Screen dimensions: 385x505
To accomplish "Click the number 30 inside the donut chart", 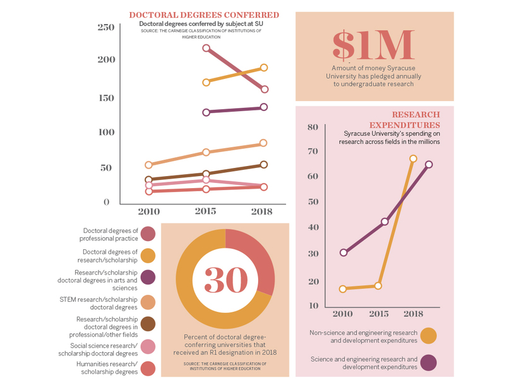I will coord(225,278).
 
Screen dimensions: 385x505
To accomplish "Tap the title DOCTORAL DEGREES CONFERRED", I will coord(204,15).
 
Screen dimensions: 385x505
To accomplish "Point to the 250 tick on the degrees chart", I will coord(106,27).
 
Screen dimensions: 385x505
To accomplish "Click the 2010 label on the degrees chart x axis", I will coord(149,211).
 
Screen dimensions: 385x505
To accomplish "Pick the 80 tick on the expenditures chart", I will coord(312,127).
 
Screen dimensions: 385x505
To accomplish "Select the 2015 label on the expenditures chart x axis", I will coord(378,314).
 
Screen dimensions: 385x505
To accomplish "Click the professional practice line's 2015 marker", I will coord(206,48).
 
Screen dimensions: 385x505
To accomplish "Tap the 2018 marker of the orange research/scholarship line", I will coord(264,68).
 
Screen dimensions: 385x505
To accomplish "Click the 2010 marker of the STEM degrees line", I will coord(149,165).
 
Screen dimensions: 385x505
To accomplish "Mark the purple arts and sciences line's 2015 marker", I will coord(206,112).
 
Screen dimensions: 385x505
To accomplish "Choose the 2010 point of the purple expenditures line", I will coord(343,252).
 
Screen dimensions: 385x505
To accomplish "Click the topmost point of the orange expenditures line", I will coord(413,159).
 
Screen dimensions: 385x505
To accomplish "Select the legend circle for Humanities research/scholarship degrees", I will coord(148,368).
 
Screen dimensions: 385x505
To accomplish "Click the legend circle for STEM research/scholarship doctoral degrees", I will coord(148,302).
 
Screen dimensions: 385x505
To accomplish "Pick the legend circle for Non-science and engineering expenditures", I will coord(429,336).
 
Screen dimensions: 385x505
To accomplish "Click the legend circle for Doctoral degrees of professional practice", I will coord(148,234).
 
